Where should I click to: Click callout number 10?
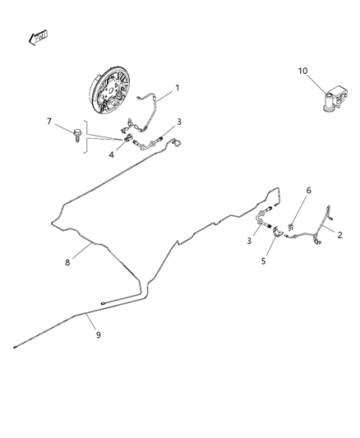point(302,71)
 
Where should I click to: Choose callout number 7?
point(49,122)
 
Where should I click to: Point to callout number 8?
point(68,263)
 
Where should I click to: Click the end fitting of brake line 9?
point(16,348)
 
